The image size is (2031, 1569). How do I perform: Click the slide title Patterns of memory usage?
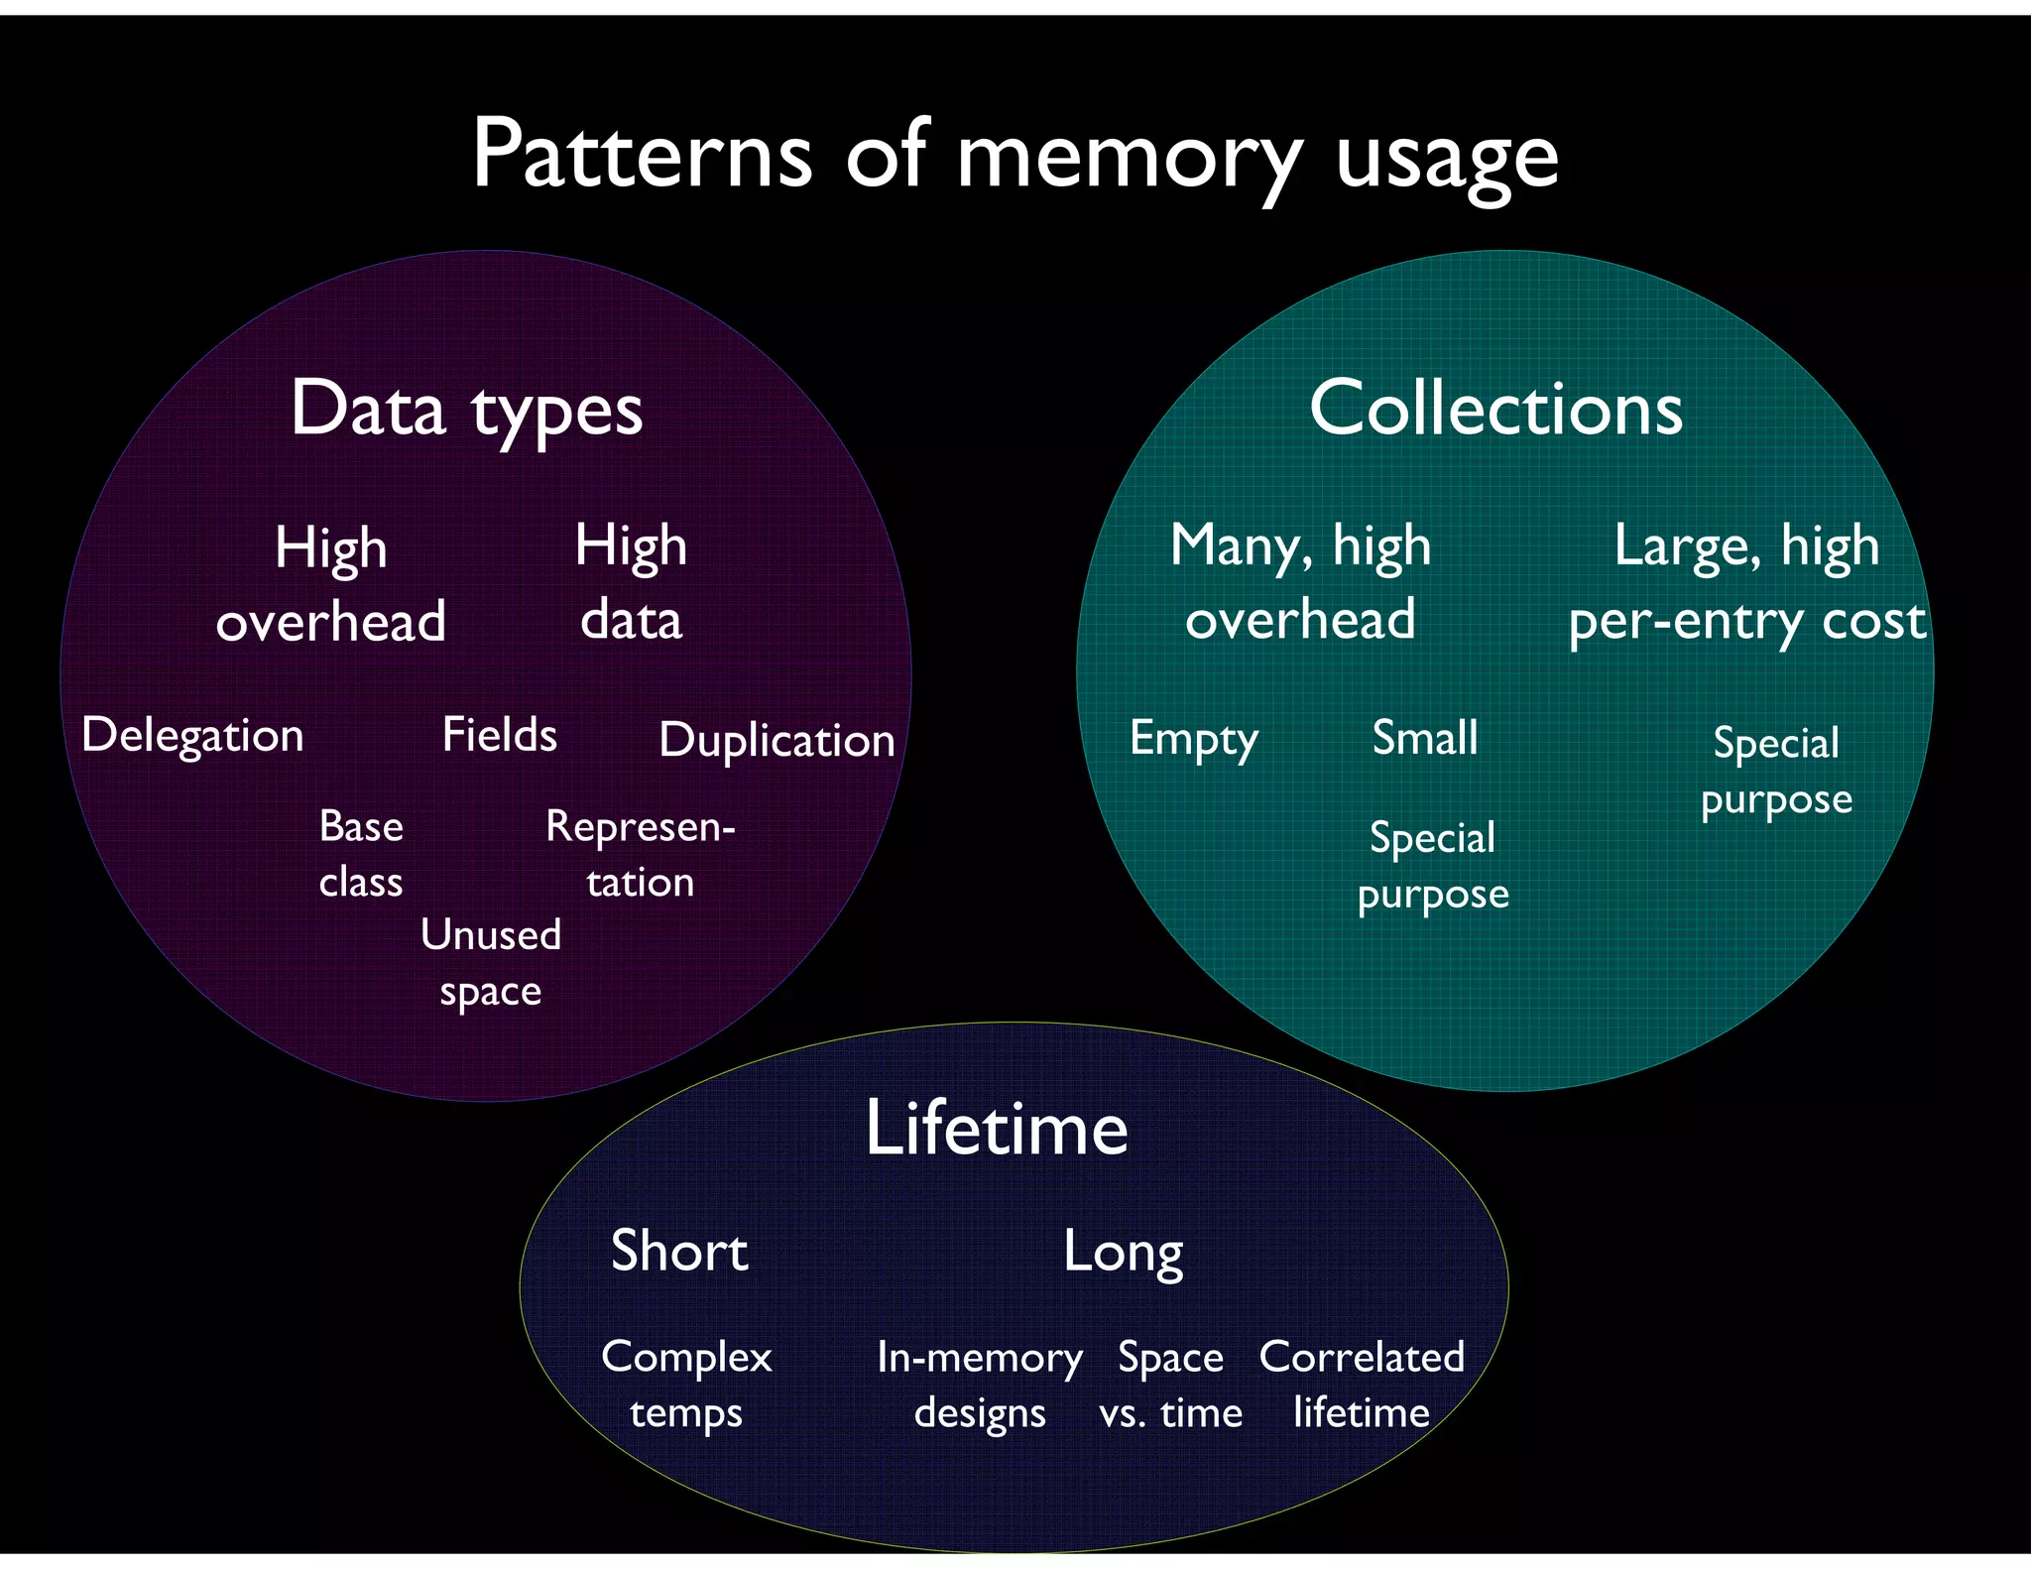tap(1014, 156)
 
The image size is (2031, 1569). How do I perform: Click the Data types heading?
tap(466, 409)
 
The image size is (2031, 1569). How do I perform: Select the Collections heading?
tap(1495, 408)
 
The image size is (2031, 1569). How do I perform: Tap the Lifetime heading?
tap(996, 1129)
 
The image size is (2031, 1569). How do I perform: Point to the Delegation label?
tap(192, 736)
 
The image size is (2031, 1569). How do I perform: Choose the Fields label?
tap(499, 735)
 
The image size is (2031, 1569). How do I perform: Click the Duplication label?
tap(777, 740)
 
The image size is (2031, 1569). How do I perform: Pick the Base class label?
tap(361, 854)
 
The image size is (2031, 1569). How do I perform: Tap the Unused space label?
tap(490, 963)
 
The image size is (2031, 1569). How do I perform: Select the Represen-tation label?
tap(640, 854)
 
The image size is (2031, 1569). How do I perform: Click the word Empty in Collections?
tap(1193, 739)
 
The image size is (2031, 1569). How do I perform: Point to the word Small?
tap(1424, 738)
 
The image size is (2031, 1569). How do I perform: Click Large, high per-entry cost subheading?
tap(1746, 583)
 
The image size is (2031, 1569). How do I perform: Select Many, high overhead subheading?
tap(1300, 583)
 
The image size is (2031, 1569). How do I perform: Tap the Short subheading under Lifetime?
tap(678, 1251)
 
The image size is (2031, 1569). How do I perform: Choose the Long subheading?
tap(1123, 1252)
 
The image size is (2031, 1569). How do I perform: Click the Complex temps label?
tap(686, 1385)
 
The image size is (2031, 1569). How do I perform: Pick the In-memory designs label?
tap(979, 1385)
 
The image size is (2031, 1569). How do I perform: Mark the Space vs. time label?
tap(1170, 1385)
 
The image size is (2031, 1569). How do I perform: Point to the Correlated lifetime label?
tap(1362, 1385)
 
